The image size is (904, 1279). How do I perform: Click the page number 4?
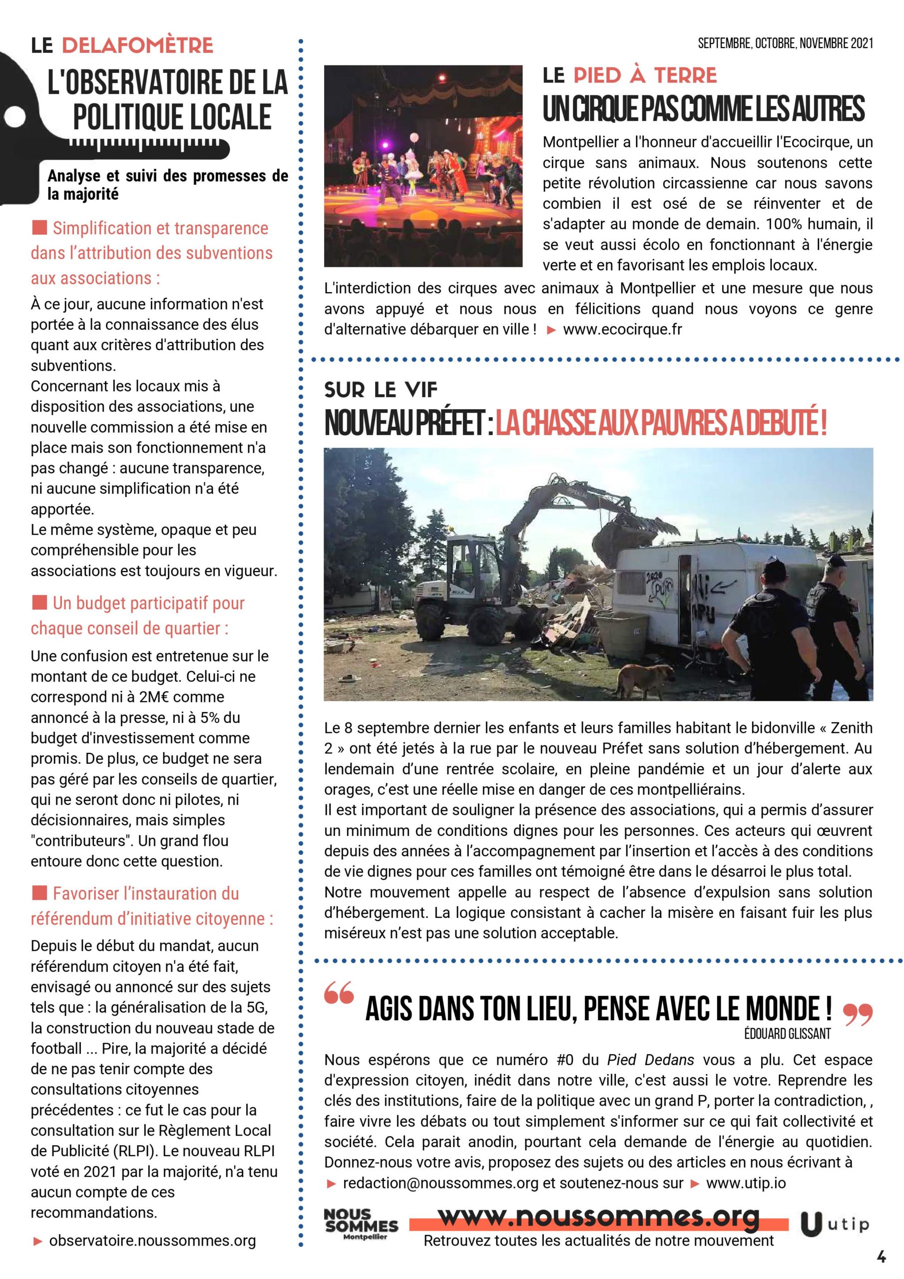pos(881,1256)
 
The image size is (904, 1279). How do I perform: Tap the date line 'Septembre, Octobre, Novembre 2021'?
pos(785,43)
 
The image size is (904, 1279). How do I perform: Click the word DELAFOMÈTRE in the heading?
pos(137,45)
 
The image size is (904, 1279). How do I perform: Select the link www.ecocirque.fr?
pos(622,329)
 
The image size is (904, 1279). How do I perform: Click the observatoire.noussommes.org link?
pos(152,1241)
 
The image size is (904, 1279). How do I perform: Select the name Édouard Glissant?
pos(787,1034)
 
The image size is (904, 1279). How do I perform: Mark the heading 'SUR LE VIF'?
pos(381,390)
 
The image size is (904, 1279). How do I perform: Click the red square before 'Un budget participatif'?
pos(39,602)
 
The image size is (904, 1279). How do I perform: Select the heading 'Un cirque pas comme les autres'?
pos(704,108)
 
